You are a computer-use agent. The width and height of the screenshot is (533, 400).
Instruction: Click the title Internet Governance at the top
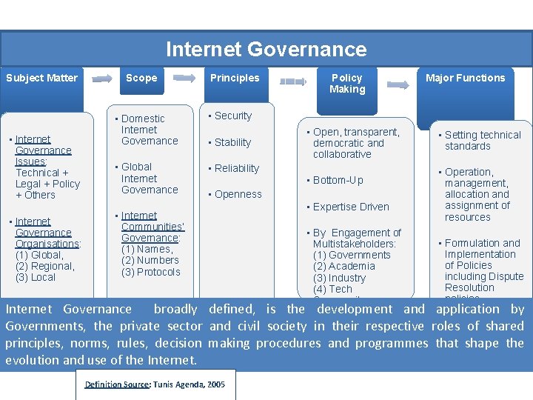266,50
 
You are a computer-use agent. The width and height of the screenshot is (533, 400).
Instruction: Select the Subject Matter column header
41,78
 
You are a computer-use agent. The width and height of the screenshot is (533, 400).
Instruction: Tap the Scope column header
141,78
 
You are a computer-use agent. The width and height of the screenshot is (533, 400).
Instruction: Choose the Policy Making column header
347,83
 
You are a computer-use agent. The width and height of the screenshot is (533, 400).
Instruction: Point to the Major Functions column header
466,78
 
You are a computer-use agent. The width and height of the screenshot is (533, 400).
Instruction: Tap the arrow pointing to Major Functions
398,84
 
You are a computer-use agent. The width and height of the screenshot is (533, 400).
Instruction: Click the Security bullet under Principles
232,116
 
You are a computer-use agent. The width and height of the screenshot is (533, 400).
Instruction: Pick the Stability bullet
232,142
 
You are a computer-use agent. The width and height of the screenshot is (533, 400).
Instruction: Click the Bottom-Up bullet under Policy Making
338,180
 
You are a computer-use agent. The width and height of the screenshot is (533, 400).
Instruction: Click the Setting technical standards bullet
482,140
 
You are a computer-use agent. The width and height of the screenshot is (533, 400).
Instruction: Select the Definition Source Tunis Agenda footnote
155,384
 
